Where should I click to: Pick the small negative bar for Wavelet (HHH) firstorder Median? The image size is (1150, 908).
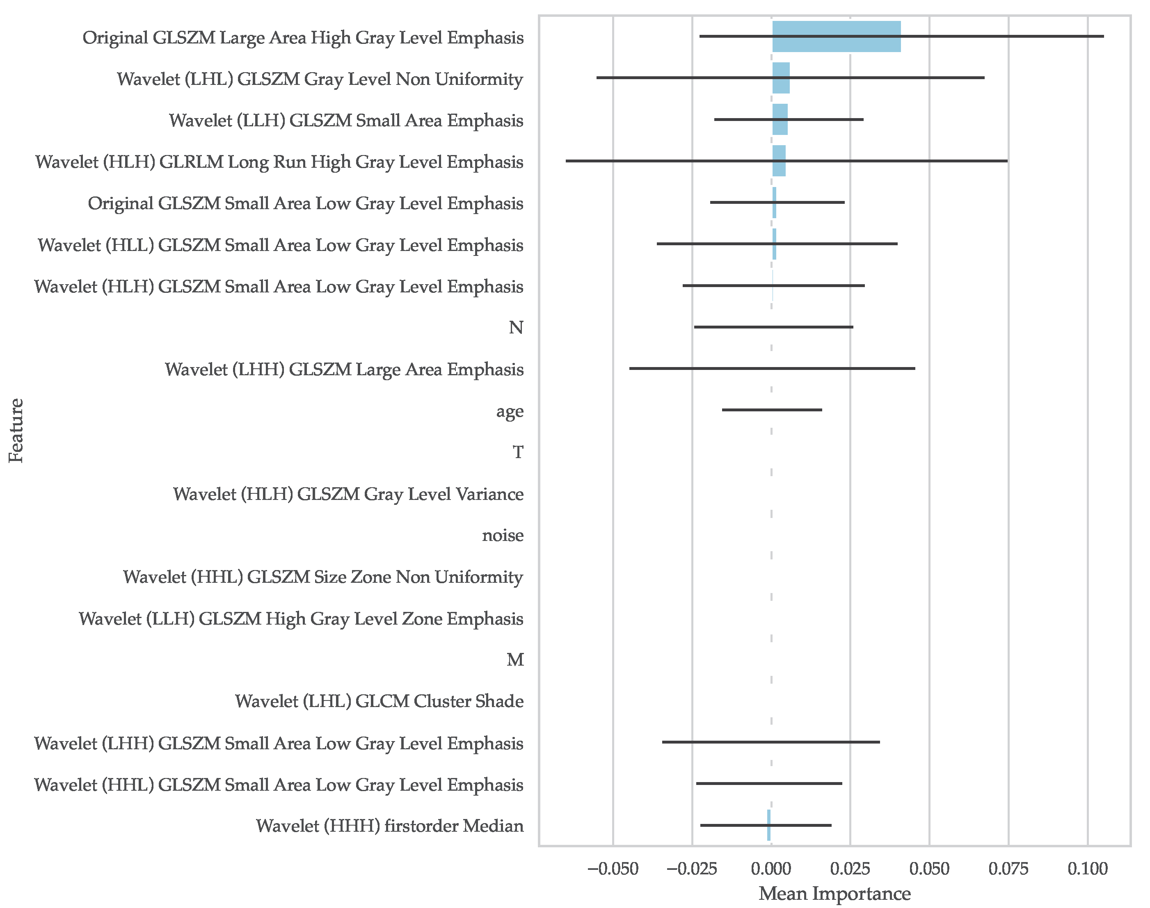point(768,825)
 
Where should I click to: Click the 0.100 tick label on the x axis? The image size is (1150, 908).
point(1087,869)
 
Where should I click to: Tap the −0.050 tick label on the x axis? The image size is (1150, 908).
point(613,869)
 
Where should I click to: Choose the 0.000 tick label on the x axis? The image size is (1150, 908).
point(770,869)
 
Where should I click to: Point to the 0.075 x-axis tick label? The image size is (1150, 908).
point(1008,869)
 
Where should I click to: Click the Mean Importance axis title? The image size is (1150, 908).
point(834,894)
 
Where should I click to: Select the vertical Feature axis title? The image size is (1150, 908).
point(16,431)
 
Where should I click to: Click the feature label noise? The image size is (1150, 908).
point(503,535)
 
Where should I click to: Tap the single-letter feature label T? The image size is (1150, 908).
point(517,452)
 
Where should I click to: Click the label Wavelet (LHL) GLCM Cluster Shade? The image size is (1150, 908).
point(379,701)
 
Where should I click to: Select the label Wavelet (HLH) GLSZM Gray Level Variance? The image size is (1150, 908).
point(348,494)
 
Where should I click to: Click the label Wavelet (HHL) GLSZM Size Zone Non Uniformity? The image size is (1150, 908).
point(323,577)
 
